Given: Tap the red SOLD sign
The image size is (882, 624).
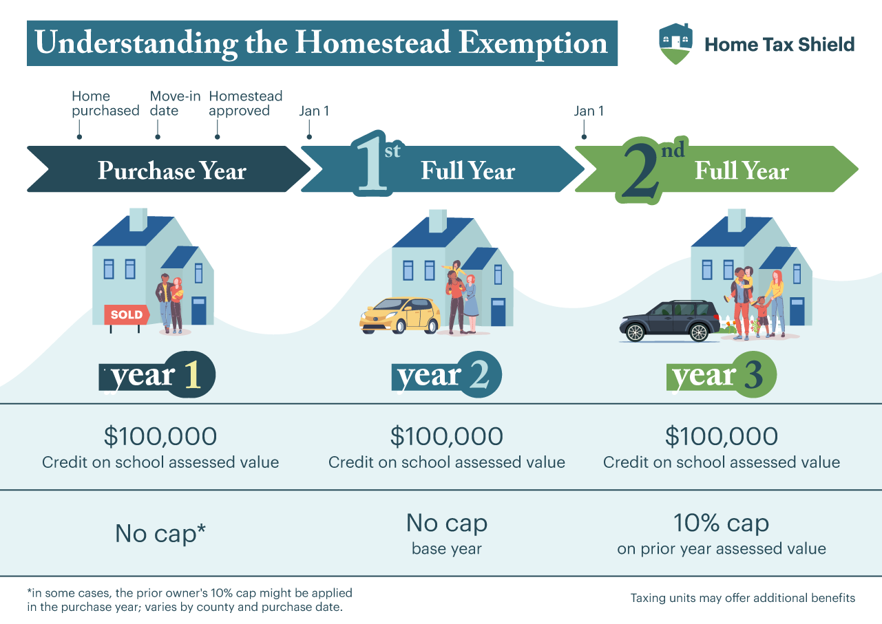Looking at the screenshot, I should [x=127, y=315].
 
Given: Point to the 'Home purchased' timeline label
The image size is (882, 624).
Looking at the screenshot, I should [x=105, y=103].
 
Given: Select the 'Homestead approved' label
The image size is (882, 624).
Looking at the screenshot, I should [x=246, y=103].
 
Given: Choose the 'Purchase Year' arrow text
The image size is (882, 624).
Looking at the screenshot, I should [x=171, y=171].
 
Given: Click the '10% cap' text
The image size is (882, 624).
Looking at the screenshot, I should [x=721, y=524].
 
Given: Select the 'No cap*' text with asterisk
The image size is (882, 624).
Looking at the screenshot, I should [x=161, y=534].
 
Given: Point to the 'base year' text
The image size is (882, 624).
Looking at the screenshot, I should [x=446, y=549].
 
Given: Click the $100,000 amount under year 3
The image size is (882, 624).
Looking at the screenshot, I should [x=721, y=436].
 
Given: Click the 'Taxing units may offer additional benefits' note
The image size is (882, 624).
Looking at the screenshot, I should [x=742, y=598].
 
